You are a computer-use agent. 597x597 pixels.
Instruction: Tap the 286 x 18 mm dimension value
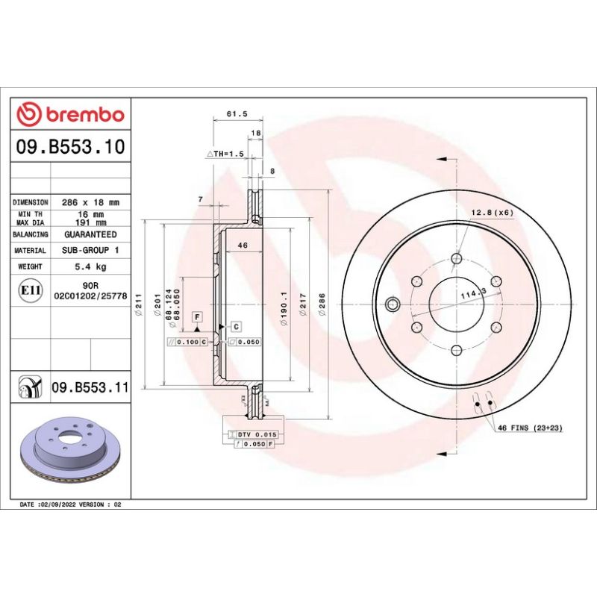tap(90, 202)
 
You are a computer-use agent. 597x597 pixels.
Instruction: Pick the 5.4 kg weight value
tap(90, 266)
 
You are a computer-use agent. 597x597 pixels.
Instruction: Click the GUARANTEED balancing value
tap(90, 234)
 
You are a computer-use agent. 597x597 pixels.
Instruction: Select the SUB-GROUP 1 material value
tap(90, 251)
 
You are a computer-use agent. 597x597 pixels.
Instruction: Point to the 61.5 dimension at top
tap(236, 114)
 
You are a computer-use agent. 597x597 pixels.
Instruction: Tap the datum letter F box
tap(197, 316)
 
